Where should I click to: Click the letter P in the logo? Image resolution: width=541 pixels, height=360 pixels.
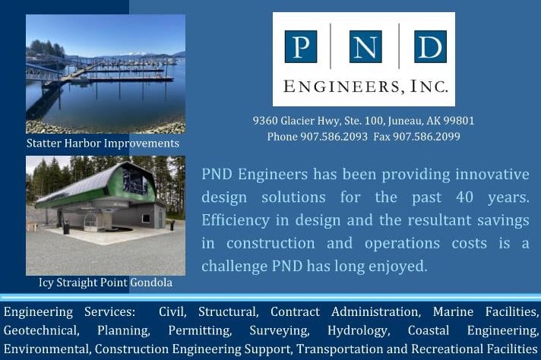point(301,46)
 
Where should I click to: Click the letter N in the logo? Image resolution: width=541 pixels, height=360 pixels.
point(365,46)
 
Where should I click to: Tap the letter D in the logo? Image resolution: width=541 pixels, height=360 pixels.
point(430,46)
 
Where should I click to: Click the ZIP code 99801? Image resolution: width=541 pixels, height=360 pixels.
point(459,121)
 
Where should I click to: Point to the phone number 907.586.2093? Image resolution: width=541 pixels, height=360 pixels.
point(334,137)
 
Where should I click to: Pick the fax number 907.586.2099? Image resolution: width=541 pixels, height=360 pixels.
point(426,137)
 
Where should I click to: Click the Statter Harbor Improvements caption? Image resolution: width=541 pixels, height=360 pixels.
point(103,143)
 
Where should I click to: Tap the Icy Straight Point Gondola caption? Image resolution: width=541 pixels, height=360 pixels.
point(106,283)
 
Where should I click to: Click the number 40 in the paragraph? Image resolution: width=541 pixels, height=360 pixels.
point(464,197)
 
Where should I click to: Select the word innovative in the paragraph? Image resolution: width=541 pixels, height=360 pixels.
point(492,174)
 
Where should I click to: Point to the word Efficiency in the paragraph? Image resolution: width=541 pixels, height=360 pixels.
point(236,220)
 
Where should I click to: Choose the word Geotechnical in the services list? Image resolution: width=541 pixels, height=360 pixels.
point(41,330)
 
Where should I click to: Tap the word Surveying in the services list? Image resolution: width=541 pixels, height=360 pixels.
point(280,330)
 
